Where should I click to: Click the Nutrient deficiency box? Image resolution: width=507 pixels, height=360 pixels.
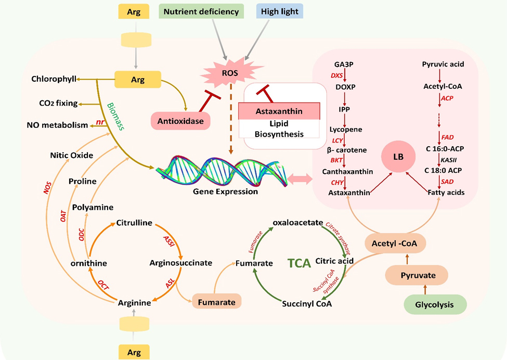[202, 11]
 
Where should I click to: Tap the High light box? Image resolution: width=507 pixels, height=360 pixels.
[279, 11]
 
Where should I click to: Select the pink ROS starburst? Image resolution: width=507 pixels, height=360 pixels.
[229, 73]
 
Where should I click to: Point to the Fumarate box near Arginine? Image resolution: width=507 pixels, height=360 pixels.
[217, 302]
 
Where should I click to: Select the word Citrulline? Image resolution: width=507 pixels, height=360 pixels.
[134, 223]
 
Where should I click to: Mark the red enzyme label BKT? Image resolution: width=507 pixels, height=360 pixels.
[336, 161]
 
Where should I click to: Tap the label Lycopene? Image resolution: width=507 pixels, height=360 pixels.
[345, 129]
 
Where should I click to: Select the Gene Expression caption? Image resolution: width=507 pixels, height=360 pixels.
[225, 191]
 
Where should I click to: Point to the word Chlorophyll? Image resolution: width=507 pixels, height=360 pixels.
[51, 79]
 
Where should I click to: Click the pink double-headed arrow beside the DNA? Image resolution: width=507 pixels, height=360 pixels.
[298, 179]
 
